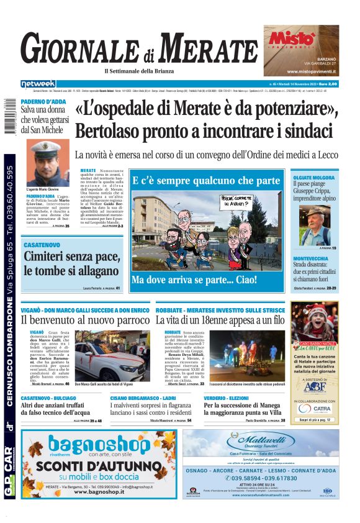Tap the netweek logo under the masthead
[x=38, y=84]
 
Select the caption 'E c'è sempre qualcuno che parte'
[x=206, y=181]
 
